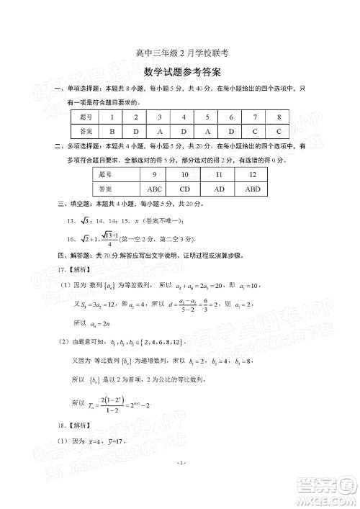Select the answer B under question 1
(x=112, y=132)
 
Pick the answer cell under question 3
(x=159, y=132)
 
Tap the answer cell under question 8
(x=278, y=132)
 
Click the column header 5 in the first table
(x=207, y=117)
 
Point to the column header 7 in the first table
(x=254, y=117)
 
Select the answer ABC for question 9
(x=154, y=189)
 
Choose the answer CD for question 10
(x=185, y=189)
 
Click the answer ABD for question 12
(x=253, y=189)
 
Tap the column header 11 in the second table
(x=219, y=175)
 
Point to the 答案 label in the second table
(x=105, y=189)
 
